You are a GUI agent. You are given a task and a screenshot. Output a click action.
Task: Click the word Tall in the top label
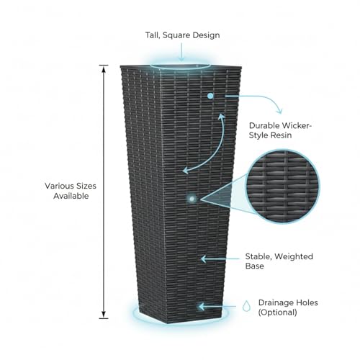pos(153,35)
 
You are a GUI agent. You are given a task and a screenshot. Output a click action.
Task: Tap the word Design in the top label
pos(207,35)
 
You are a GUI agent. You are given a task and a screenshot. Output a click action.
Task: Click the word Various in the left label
pos(59,186)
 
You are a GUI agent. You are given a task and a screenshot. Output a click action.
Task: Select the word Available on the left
pos(71,196)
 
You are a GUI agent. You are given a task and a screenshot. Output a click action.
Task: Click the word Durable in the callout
pos(264,125)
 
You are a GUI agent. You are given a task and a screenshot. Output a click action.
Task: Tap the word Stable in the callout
pos(258,257)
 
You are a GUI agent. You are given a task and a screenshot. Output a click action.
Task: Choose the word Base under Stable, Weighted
pos(254,266)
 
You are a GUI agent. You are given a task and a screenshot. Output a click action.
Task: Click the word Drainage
pos(276,303)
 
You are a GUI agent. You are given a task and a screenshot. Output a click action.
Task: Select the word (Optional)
pos(277,312)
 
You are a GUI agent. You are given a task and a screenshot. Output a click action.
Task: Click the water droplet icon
pos(246,306)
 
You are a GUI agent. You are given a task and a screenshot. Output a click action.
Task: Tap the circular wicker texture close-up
pos(282,186)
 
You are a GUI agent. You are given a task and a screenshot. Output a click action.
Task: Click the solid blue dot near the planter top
pos(210,96)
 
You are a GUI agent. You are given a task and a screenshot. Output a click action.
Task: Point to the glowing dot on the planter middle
pos(192,199)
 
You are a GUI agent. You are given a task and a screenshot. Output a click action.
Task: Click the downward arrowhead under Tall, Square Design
pos(181,58)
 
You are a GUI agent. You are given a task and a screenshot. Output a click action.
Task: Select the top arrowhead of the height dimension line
pos(104,69)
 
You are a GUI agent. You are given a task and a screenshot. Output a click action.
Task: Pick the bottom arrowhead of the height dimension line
pos(104,314)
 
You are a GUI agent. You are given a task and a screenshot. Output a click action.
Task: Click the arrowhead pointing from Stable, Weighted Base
pos(204,259)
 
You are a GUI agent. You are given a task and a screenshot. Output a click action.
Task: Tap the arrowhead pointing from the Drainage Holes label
pos(202,307)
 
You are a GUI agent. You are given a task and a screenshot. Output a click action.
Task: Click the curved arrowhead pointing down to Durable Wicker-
pos(279,111)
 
